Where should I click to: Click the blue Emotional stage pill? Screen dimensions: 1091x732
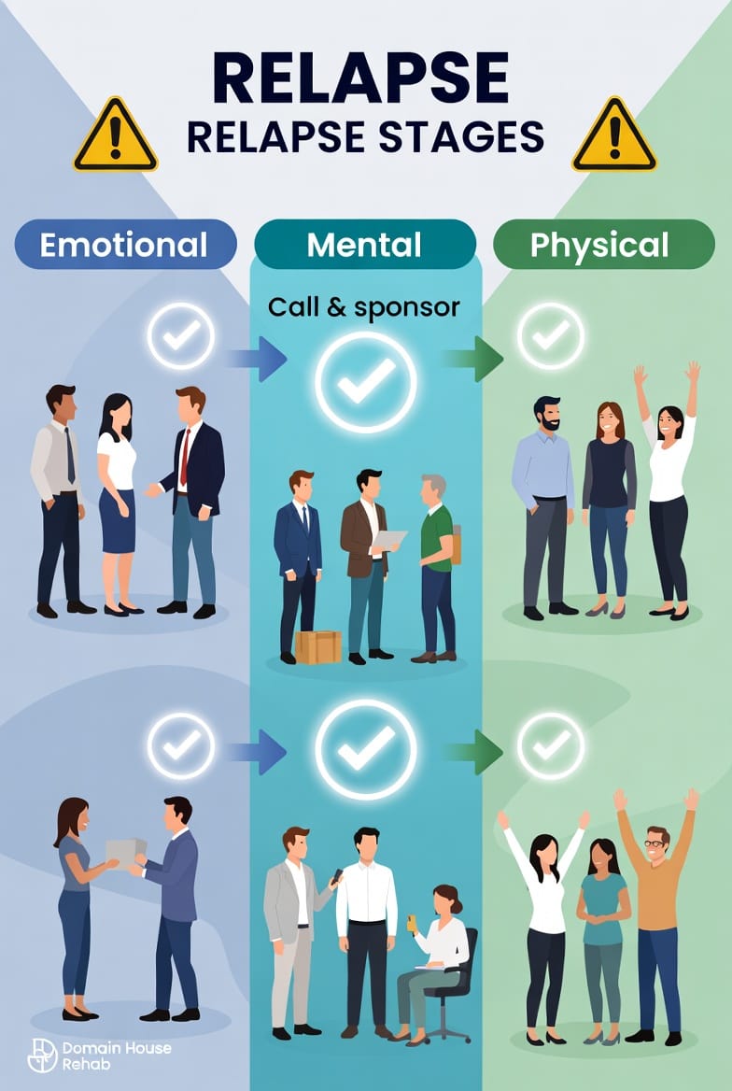(x=125, y=245)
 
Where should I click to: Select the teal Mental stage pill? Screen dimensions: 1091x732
(x=365, y=245)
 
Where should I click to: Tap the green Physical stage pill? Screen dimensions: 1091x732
(x=603, y=245)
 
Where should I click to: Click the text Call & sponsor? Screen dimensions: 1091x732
(x=363, y=306)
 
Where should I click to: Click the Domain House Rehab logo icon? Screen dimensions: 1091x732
(x=42, y=1055)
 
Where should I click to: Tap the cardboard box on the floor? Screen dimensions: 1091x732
(x=318, y=646)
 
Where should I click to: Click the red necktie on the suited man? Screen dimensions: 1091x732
(x=186, y=457)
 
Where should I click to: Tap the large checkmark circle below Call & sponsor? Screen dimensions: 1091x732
(x=365, y=380)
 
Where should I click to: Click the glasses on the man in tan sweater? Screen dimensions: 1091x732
(x=657, y=843)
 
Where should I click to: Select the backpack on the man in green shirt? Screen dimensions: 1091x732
(x=456, y=544)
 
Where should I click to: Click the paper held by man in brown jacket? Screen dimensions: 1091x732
(x=388, y=540)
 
